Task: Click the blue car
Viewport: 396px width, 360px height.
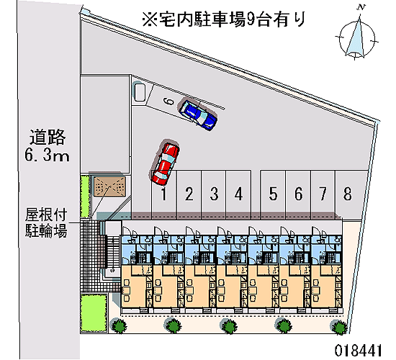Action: point(198,114)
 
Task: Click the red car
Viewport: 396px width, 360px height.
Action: point(165,163)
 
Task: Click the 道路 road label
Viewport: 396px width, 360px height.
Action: point(48,138)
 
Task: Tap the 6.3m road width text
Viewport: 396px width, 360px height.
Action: point(47,155)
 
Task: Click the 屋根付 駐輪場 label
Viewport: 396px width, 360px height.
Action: point(46,222)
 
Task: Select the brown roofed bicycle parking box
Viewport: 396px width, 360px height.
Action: point(109,186)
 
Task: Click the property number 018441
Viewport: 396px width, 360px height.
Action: point(358,351)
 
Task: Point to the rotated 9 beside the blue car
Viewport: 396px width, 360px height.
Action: point(168,102)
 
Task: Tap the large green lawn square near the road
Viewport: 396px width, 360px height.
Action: point(94,313)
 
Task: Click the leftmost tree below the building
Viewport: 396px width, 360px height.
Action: point(119,325)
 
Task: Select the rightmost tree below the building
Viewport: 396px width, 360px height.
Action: point(339,328)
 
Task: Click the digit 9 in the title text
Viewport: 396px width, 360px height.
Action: point(251,19)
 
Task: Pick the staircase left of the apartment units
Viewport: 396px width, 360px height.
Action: point(112,251)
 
